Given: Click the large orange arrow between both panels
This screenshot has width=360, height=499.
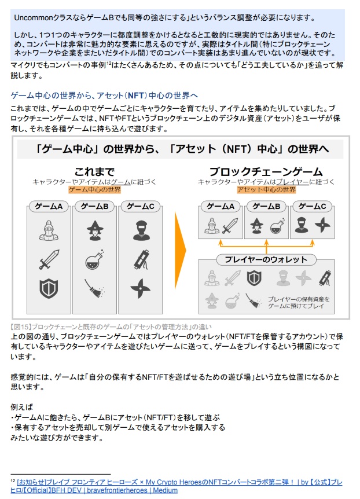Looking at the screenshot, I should click(x=180, y=250).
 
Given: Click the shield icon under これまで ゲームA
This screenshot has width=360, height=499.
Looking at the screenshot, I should click(x=49, y=288).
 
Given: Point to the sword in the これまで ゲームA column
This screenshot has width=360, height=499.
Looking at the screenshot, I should click(x=49, y=259).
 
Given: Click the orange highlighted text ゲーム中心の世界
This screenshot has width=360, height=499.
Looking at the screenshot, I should click(x=94, y=189).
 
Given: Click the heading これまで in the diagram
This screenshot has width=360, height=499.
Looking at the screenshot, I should click(x=94, y=171).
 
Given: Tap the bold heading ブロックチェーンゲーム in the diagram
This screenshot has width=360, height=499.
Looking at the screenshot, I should click(x=266, y=171).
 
